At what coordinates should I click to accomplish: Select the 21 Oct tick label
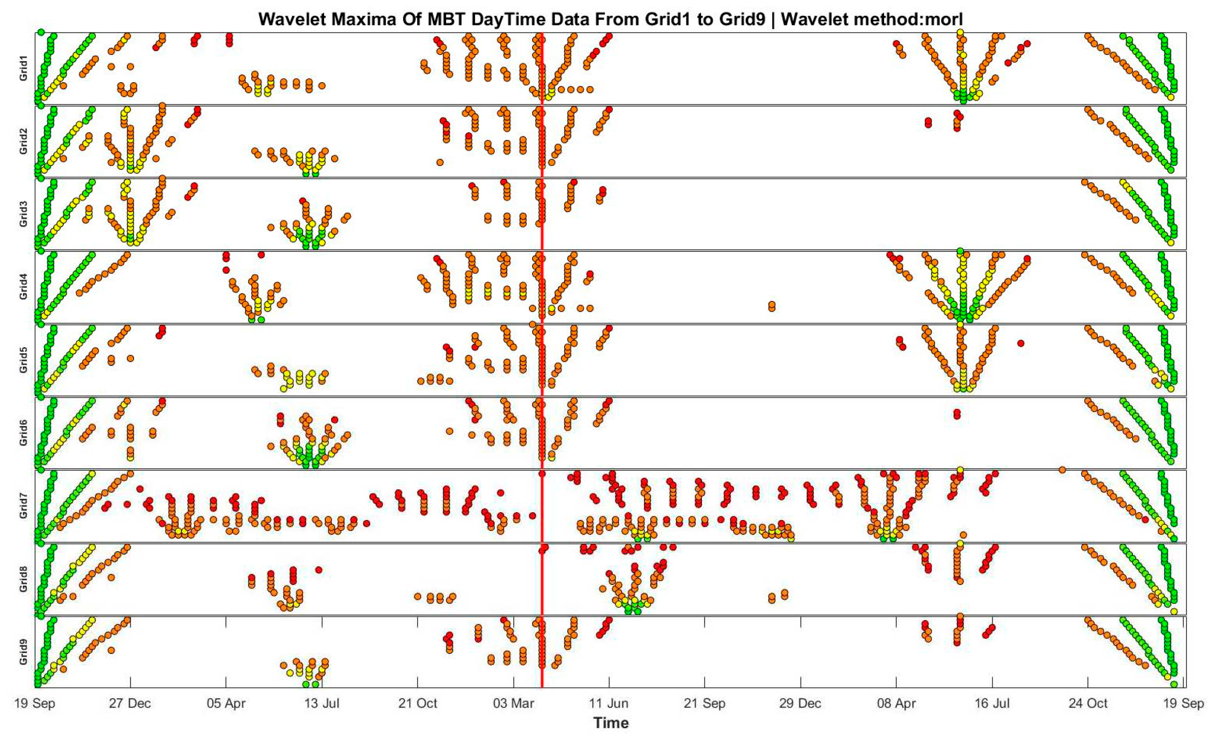coord(417,703)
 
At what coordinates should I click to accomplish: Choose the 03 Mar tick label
coord(513,703)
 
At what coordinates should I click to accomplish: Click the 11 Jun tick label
coord(609,703)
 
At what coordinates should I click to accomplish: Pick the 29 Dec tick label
coord(800,703)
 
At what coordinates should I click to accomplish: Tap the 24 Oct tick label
coord(1088,703)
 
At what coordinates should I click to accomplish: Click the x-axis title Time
coord(611,723)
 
